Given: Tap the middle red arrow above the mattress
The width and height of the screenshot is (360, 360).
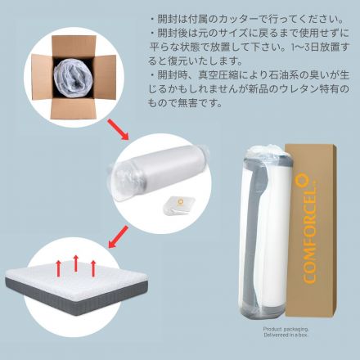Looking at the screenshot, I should click(76, 263).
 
